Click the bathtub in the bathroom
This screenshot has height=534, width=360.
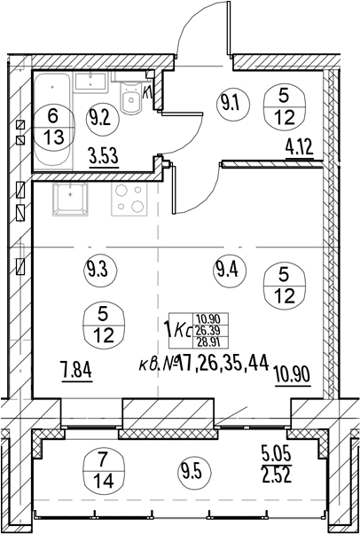54,121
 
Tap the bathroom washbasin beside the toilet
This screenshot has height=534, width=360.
91,82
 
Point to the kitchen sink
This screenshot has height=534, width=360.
70,200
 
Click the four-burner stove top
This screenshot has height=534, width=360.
129,200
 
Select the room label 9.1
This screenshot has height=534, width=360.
233,104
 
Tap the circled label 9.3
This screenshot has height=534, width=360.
100,271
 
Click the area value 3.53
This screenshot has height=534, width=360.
105,159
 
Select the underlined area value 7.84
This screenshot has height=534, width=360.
77,373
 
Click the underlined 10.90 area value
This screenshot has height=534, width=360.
293,377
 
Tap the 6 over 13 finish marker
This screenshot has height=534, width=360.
54,127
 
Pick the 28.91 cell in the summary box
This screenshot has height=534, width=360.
210,342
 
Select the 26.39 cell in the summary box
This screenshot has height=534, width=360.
210,331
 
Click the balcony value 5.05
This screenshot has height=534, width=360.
277,455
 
